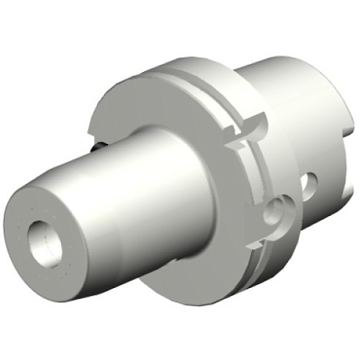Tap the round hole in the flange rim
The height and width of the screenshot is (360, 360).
tap(278, 212)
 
